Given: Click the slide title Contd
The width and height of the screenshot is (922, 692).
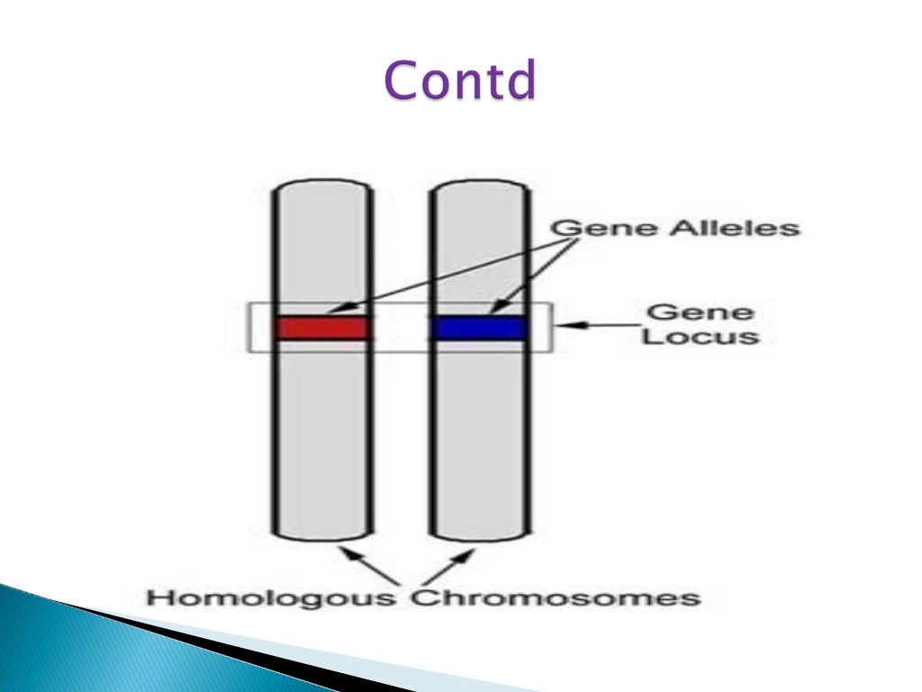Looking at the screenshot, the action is click(x=460, y=80).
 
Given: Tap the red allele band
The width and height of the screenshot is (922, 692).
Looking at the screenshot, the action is click(x=322, y=327).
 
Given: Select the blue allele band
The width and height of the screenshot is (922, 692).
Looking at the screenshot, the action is click(x=478, y=327).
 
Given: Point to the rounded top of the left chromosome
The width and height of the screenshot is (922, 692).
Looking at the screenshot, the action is click(x=322, y=186).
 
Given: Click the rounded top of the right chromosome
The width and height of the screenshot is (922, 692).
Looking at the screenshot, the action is click(x=478, y=186).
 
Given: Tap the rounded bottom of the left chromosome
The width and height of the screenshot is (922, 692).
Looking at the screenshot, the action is click(x=322, y=535).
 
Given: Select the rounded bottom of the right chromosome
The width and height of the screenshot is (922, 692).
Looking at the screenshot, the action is click(x=478, y=535).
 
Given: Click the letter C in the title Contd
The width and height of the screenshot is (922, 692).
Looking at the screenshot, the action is click(x=401, y=80).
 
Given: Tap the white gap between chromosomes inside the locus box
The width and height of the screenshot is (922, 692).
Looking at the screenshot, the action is click(x=401, y=327).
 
